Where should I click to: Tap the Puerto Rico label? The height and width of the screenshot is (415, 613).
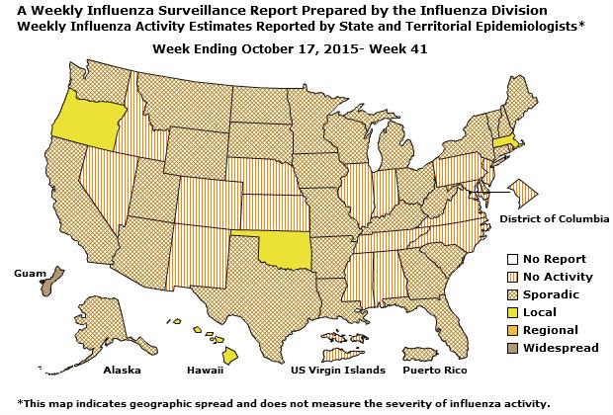click(430, 371)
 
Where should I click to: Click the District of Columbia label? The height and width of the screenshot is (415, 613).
click(554, 217)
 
